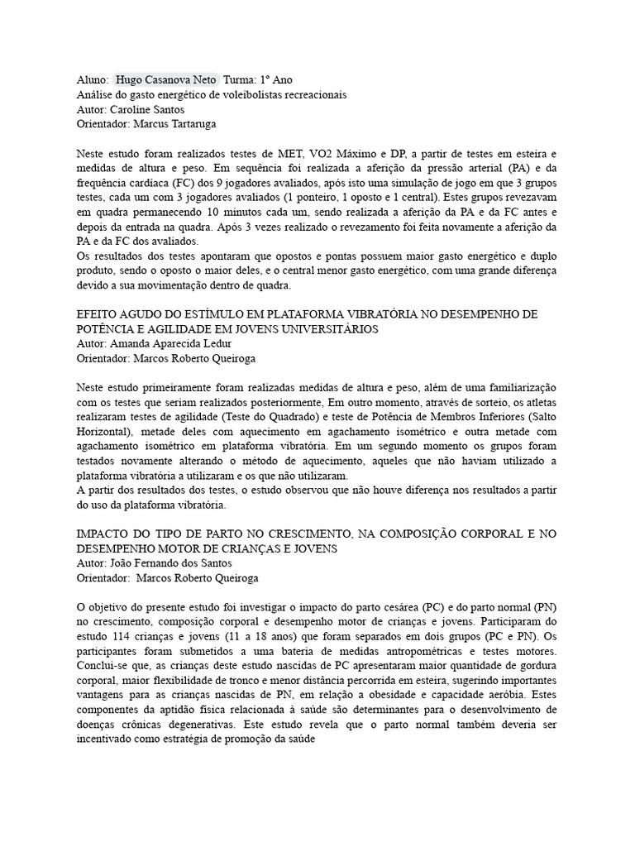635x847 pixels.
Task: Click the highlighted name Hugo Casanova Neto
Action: tap(167, 79)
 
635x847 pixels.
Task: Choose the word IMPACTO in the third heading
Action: tap(103, 534)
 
